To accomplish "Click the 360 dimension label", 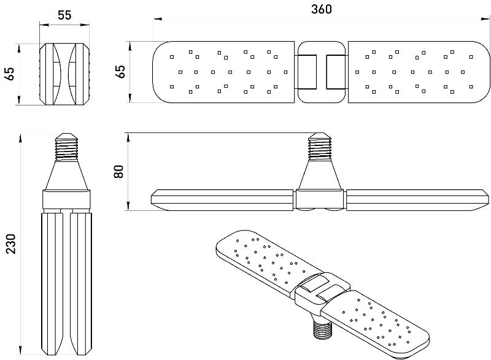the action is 321,9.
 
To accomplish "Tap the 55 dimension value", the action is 64,15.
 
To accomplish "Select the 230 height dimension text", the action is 10,243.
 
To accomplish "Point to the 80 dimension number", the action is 118,171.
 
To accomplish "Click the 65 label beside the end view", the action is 10,74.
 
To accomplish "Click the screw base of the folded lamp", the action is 66,147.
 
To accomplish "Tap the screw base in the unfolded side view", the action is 320,147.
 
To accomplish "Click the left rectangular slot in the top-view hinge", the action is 306,72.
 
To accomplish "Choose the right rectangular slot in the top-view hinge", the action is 336,72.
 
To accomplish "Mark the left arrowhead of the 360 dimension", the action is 158,19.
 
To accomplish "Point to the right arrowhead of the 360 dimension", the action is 485,19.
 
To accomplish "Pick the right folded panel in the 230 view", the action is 80,283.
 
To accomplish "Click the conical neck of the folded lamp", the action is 66,175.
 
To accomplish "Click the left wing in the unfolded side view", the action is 223,200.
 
